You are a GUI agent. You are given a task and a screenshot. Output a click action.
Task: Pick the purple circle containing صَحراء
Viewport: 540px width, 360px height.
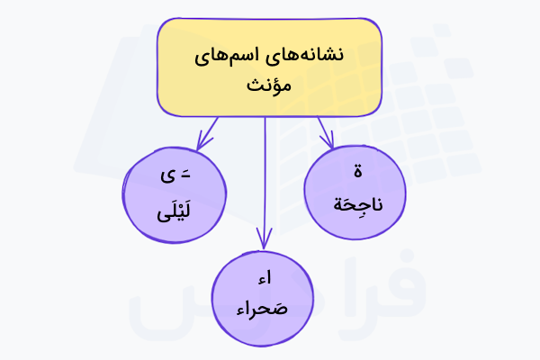[262, 297]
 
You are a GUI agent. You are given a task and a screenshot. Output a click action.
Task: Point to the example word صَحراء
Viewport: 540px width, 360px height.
[262, 310]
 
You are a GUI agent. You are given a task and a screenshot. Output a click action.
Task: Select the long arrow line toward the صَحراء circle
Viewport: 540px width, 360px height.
[265, 180]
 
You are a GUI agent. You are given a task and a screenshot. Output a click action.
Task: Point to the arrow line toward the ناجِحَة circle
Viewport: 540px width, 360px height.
[322, 129]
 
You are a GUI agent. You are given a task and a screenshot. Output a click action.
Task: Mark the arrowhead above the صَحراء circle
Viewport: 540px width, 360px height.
[264, 241]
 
